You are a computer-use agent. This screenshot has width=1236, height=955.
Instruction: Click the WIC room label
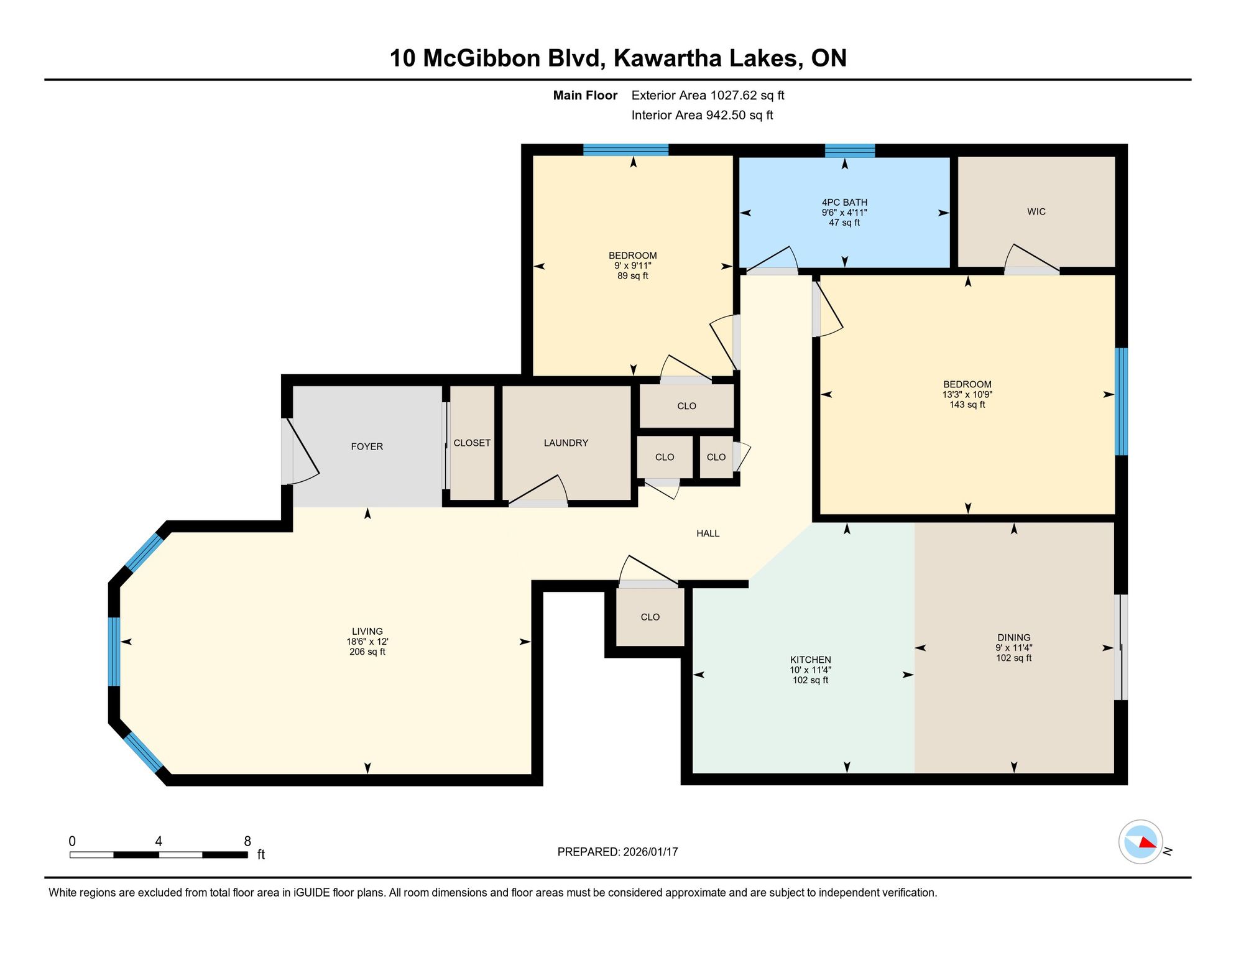[x=1036, y=212]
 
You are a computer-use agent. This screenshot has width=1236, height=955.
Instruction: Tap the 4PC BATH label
[x=844, y=202]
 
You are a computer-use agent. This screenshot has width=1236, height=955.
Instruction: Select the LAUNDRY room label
[x=566, y=443]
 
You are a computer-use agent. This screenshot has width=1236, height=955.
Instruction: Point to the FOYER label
[x=367, y=446]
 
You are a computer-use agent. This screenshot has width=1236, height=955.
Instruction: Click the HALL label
[x=708, y=533]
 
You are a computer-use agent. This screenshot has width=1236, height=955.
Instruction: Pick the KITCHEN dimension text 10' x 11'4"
[x=811, y=670]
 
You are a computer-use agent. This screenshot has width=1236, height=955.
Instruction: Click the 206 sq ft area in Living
[x=367, y=652]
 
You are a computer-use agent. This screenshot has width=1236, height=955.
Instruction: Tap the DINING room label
[x=1014, y=637]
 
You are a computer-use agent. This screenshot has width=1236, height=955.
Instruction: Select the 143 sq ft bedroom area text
[x=967, y=405]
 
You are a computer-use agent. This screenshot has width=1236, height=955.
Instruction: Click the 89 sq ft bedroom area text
[x=633, y=276]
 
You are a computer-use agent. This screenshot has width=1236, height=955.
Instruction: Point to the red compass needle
[x=1147, y=842]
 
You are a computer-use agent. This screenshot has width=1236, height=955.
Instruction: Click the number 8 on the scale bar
[x=247, y=841]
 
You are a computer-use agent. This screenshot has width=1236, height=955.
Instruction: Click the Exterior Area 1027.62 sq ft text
[x=708, y=95]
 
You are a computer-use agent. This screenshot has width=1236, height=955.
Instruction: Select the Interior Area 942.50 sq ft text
[x=703, y=115]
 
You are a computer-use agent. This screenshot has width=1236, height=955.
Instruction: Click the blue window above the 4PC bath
[x=850, y=150]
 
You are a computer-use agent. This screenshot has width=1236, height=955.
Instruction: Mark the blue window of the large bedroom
[x=1121, y=402]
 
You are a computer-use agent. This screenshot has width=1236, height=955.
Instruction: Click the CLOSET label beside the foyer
[x=472, y=443]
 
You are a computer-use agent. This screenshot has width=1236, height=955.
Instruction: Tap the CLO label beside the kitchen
[x=650, y=617]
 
